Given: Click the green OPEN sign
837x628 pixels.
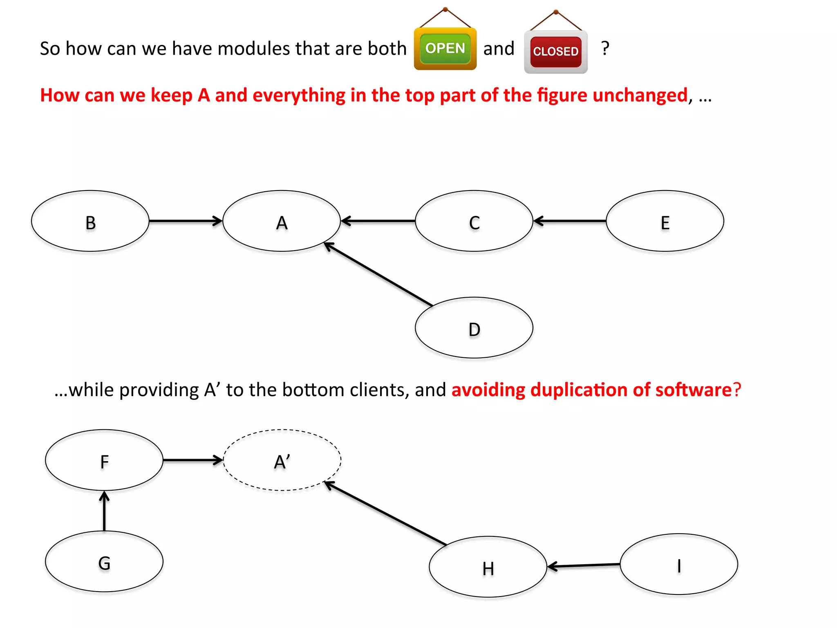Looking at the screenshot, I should tap(445, 49).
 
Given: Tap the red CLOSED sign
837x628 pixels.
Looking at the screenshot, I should tap(556, 52).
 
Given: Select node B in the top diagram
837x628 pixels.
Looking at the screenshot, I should tap(90, 221).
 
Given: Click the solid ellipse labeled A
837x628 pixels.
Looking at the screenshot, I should tap(282, 221).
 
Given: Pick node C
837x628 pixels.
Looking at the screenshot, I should tap(474, 221).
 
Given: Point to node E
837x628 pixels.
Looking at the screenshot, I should tap(665, 221).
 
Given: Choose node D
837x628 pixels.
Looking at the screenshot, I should tap(474, 328).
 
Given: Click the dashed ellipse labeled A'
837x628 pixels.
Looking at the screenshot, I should tap(282, 460).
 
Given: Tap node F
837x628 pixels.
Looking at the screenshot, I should tap(104, 460).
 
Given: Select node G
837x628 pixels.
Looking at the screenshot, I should tap(104, 562).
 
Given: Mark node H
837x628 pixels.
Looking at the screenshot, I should tap(488, 567).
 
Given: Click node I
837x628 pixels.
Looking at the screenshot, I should tap(679, 564).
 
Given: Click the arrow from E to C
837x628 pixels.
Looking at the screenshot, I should tap(570, 221).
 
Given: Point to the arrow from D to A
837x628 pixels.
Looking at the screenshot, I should tap(378, 274).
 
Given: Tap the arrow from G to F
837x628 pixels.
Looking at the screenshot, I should tap(104, 511).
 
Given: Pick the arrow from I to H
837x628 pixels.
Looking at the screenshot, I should tap(584, 565).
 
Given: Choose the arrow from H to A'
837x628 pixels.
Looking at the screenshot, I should tap(385, 514).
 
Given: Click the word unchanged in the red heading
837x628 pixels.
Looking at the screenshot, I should tap(640, 96).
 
